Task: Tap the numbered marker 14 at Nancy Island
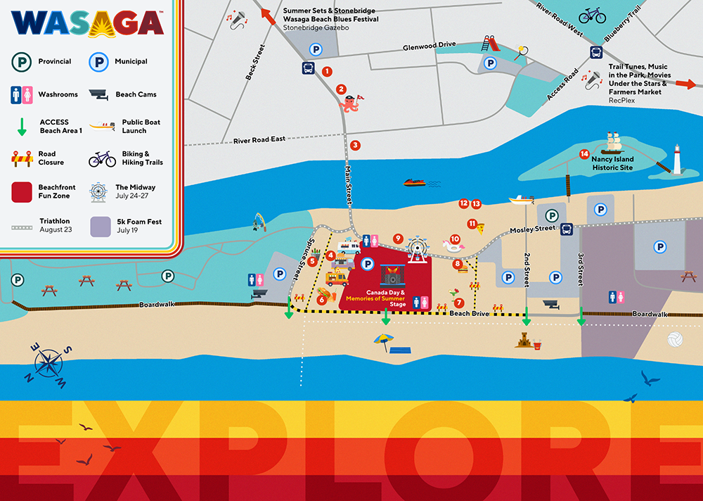click(x=583, y=153)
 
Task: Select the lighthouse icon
click(x=678, y=160)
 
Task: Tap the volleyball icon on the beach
click(x=675, y=341)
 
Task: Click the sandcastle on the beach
click(x=526, y=341)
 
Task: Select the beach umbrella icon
click(x=383, y=341)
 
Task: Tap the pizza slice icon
click(x=480, y=228)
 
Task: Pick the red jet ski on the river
click(x=414, y=183)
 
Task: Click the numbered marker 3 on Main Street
click(x=356, y=146)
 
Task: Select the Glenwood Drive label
click(x=429, y=45)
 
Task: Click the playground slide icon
click(x=490, y=43)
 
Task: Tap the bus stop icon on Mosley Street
click(x=566, y=229)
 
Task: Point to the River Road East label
click(x=259, y=139)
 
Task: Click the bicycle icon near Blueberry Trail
click(x=592, y=15)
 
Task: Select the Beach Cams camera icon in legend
click(x=101, y=94)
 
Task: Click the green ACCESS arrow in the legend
click(x=22, y=127)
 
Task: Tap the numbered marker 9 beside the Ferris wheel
click(x=398, y=239)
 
